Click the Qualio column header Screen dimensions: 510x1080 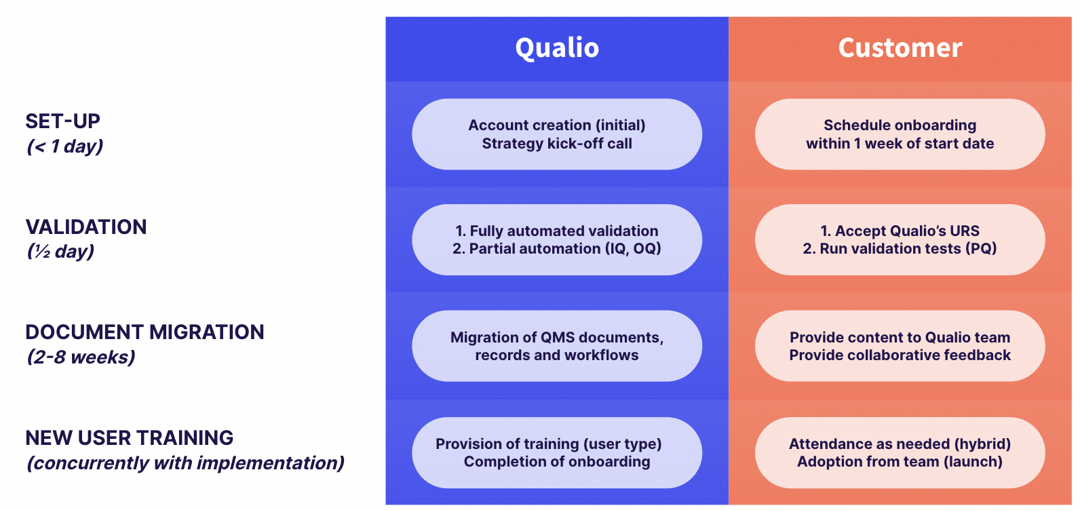(557, 48)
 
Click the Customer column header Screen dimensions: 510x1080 (900, 48)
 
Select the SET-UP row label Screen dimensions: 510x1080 (62, 121)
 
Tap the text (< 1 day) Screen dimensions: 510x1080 (65, 146)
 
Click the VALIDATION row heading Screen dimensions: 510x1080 (85, 227)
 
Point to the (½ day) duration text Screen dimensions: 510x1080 (60, 252)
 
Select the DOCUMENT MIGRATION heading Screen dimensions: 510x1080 (144, 332)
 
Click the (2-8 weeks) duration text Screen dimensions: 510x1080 (81, 357)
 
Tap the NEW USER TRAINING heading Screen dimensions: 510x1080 (129, 437)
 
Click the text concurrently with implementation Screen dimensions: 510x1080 (185, 463)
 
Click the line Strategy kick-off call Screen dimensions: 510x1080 (557, 144)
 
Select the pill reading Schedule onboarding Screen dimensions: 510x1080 (900, 134)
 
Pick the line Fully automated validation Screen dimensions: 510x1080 (557, 231)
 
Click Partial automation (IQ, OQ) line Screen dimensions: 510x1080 (557, 249)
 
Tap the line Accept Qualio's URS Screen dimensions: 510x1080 (900, 231)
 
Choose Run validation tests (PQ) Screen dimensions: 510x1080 (900, 249)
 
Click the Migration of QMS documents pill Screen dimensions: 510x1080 (557, 346)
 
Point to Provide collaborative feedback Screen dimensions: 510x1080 (900, 355)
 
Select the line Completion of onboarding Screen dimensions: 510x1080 (557, 462)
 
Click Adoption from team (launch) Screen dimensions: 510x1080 (900, 462)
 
